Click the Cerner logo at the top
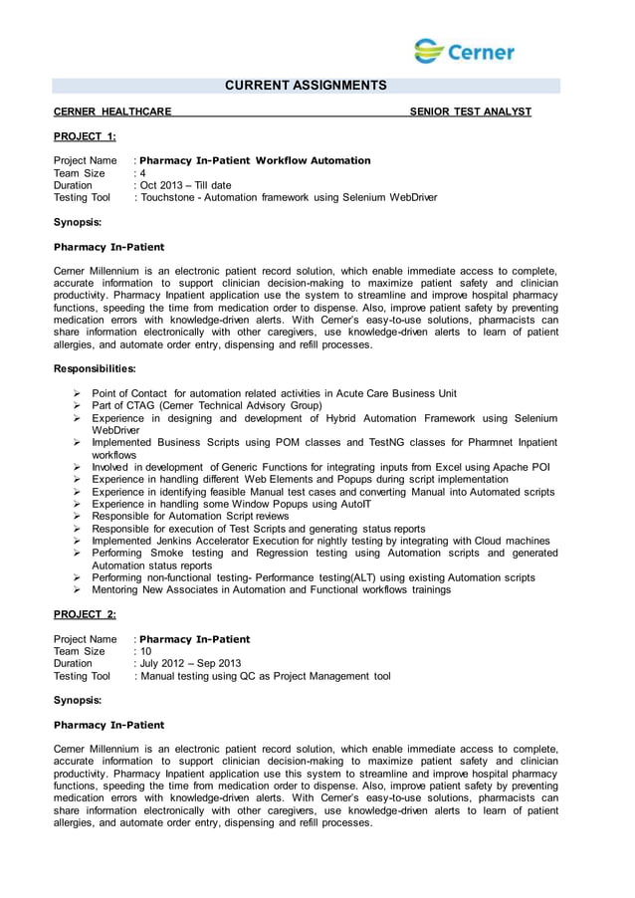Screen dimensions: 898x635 (464, 51)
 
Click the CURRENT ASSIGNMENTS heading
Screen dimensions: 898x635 (305, 87)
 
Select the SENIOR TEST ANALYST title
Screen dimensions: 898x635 (471, 112)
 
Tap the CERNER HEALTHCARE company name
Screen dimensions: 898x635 (111, 112)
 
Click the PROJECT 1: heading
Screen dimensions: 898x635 (85, 136)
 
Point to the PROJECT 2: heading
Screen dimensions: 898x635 (85, 614)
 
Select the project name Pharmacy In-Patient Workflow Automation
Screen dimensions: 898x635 (256, 160)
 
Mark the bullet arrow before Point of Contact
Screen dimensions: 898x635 (77, 394)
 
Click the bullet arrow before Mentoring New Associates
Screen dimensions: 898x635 (77, 589)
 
